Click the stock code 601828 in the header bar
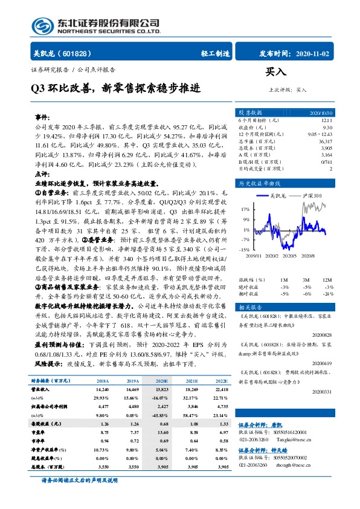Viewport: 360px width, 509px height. tap(72, 53)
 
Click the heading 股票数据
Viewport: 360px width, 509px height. tap(250, 113)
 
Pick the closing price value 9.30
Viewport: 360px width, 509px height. tap(327, 127)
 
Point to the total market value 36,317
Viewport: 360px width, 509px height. tap(323, 141)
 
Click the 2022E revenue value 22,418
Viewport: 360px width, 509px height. tap(220, 391)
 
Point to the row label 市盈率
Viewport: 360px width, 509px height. tap(40, 442)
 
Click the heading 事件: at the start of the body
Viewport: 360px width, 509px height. tap(42, 116)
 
